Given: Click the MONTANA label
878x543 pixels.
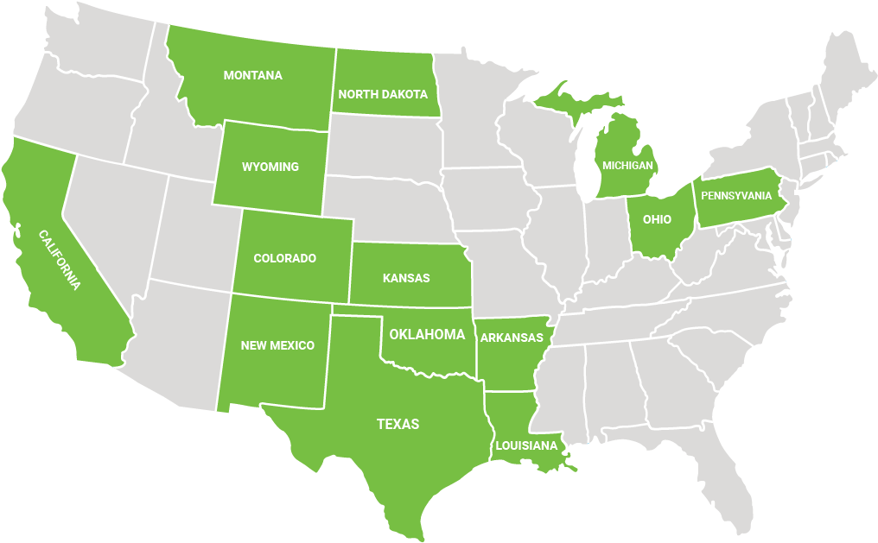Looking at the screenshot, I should [252, 75].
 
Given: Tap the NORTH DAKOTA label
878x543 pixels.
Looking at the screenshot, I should [383, 94].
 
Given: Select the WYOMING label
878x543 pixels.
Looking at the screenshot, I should [270, 167].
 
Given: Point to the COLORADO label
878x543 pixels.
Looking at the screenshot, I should [284, 258].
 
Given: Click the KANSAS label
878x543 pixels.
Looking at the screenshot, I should [406, 278].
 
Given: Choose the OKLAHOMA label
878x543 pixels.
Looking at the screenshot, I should [427, 334].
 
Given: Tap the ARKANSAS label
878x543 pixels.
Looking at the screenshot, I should [512, 338].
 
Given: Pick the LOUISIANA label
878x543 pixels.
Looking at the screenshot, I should [526, 445].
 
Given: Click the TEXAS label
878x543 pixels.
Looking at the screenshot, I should [398, 424].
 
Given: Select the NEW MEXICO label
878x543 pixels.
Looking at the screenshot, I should [277, 345].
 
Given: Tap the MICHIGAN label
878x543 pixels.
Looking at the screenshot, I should [627, 165].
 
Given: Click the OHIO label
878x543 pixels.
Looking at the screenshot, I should [657, 219].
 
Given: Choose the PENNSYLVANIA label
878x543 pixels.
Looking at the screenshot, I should [736, 195].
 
